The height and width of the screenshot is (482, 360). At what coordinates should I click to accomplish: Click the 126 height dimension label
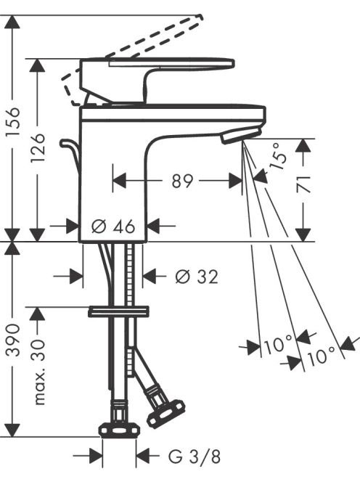[38, 148]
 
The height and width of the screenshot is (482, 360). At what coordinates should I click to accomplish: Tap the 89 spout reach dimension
[182, 181]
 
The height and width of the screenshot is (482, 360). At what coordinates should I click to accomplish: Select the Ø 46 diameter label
[113, 226]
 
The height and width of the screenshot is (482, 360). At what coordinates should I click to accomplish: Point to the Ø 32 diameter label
[197, 277]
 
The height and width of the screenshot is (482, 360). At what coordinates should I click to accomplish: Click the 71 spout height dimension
[303, 184]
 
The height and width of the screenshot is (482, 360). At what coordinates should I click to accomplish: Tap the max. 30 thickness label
[38, 371]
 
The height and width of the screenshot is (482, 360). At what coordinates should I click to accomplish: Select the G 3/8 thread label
[195, 457]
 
